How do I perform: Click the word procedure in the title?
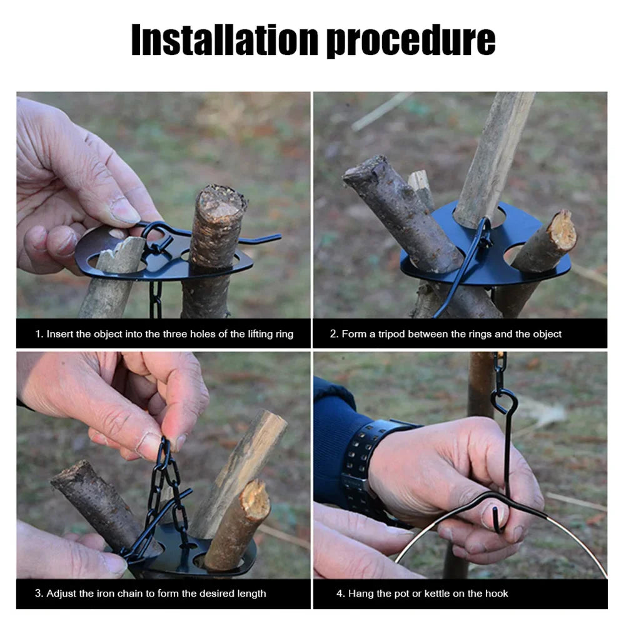[x=411, y=42]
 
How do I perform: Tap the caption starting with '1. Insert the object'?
[x=164, y=334]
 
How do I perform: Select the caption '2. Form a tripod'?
[x=445, y=334]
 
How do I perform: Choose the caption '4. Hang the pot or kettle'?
[x=428, y=593]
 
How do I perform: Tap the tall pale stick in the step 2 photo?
[x=494, y=156]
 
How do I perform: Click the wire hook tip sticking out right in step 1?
[x=266, y=238]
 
